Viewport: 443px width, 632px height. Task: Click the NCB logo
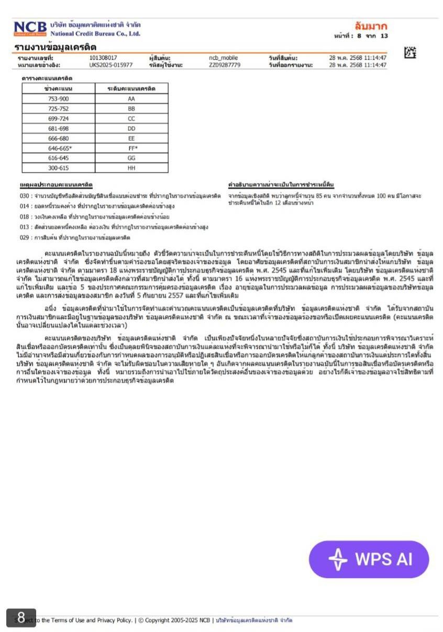click(x=30, y=28)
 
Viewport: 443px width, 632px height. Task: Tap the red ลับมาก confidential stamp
click(x=370, y=26)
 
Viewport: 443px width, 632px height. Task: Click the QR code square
click(x=411, y=52)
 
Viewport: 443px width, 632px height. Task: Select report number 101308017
click(x=103, y=58)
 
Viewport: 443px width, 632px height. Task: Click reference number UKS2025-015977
click(x=111, y=65)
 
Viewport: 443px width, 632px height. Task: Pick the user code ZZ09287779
click(x=225, y=65)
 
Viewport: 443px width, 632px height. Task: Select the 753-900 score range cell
click(x=58, y=98)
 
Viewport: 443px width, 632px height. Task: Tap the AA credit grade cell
click(x=131, y=98)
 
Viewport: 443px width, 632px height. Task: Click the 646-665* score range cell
click(x=60, y=148)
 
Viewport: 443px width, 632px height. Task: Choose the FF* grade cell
click(x=132, y=148)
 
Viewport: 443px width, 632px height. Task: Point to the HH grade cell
click(x=131, y=168)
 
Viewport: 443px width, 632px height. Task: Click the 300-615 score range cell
click(x=58, y=168)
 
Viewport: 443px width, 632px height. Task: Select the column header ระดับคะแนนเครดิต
click(x=131, y=88)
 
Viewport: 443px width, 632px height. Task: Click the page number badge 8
click(x=21, y=618)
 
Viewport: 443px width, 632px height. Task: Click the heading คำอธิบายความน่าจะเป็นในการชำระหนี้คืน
click(x=281, y=185)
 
